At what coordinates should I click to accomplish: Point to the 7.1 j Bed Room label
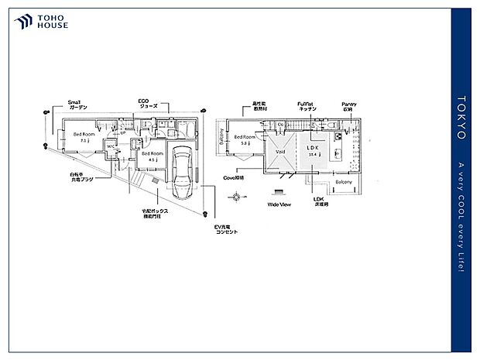84,137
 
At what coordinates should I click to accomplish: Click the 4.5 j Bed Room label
153,157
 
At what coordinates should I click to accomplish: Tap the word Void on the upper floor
280,152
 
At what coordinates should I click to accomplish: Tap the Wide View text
279,205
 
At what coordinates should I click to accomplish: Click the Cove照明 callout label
234,177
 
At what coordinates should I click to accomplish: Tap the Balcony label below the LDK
343,182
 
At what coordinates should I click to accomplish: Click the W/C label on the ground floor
111,146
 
